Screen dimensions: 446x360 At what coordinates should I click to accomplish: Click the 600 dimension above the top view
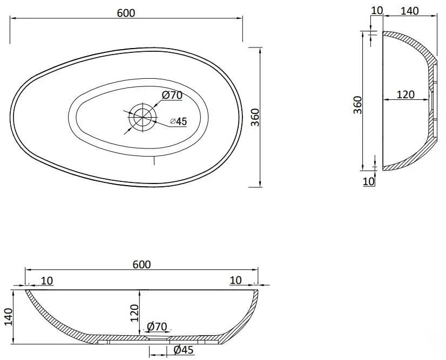126,13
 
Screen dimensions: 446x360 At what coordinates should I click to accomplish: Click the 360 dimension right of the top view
256,117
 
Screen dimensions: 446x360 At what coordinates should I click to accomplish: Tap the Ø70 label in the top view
172,95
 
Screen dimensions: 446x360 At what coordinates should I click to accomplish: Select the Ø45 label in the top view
179,121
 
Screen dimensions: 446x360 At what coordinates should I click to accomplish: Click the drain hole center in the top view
143,117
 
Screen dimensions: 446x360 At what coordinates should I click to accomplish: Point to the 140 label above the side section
410,11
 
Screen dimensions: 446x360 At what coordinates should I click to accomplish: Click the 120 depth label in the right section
406,94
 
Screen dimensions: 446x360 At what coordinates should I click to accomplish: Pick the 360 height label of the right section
358,105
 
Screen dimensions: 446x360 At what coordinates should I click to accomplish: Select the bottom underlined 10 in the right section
369,181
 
